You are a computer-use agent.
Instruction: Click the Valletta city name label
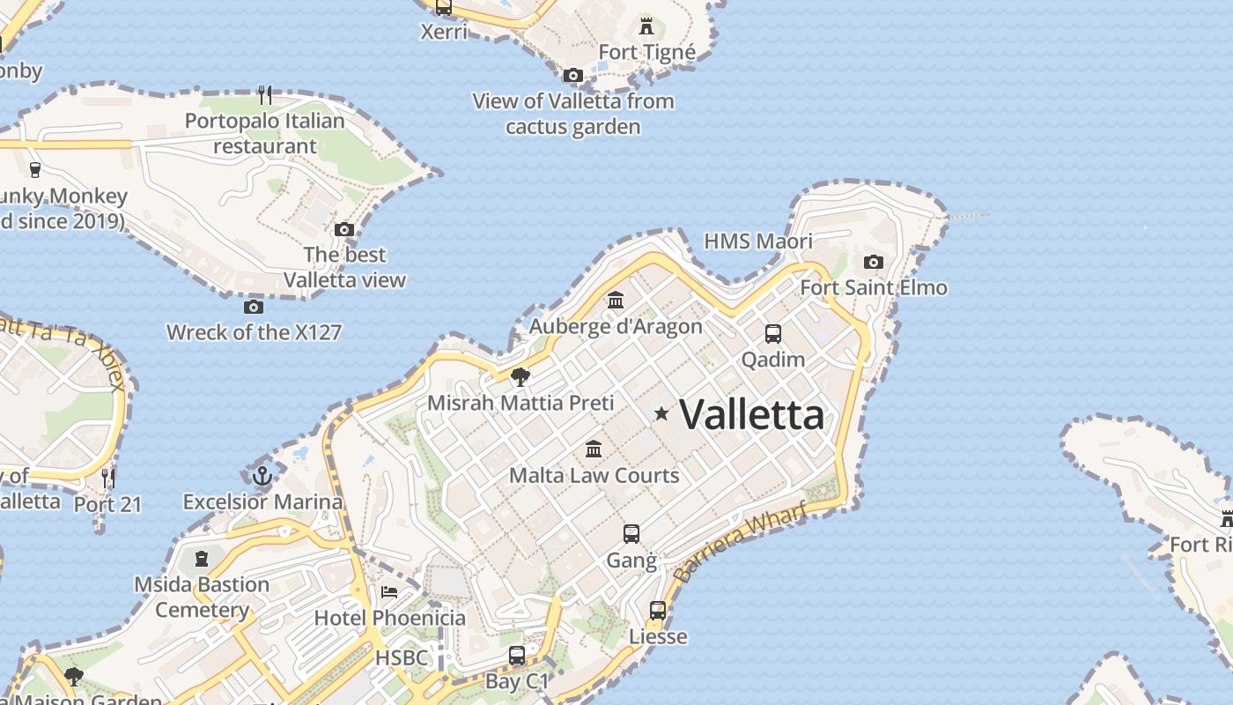752,414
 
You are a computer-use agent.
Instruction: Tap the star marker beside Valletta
661,413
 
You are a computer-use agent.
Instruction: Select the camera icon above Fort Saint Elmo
874,262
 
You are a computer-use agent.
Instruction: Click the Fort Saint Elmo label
874,287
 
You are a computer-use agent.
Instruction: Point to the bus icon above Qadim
773,334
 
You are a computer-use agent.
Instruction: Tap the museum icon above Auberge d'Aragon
616,301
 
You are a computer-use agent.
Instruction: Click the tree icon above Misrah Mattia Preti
521,377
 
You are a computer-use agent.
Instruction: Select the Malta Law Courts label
594,476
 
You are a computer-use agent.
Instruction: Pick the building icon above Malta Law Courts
594,449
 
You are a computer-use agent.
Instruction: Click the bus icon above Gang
631,533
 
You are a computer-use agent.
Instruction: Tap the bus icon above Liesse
658,610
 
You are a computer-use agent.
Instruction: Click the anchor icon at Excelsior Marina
262,477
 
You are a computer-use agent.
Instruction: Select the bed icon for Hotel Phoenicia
389,591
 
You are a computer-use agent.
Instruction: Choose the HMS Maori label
758,241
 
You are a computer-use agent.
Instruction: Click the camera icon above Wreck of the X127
254,307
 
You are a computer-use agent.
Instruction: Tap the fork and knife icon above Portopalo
265,93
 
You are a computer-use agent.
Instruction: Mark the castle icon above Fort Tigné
647,26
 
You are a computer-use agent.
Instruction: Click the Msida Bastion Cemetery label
202,597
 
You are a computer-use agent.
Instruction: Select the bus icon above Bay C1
517,656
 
